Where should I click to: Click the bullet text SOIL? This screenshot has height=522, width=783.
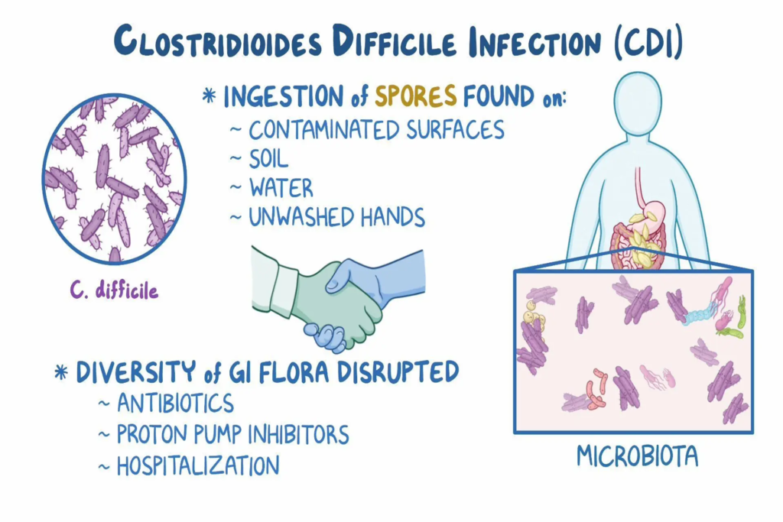(268, 158)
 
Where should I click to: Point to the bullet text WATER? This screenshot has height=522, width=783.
(281, 188)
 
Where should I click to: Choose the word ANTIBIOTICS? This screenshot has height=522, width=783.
(175, 403)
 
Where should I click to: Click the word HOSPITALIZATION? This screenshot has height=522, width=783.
(198, 465)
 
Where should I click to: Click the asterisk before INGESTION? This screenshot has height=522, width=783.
(209, 98)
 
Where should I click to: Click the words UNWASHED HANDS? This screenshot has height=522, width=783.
(336, 217)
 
